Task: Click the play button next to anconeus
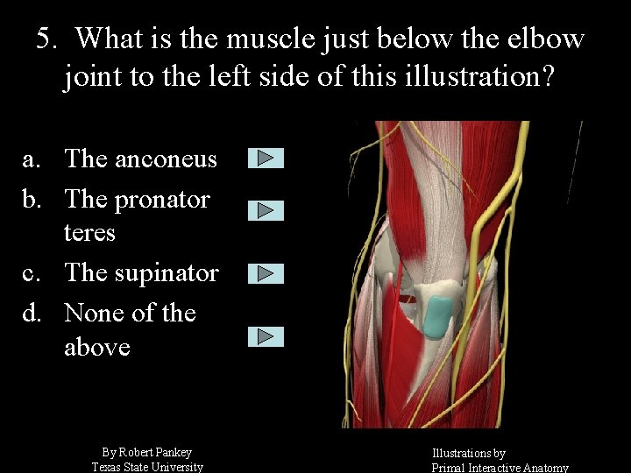click(x=266, y=159)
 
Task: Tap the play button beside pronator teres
click(x=266, y=210)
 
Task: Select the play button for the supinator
click(x=266, y=274)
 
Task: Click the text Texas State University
click(x=147, y=467)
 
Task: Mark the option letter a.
click(x=31, y=159)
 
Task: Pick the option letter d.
click(x=31, y=313)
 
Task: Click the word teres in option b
click(x=89, y=233)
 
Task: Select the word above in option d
click(x=96, y=348)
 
